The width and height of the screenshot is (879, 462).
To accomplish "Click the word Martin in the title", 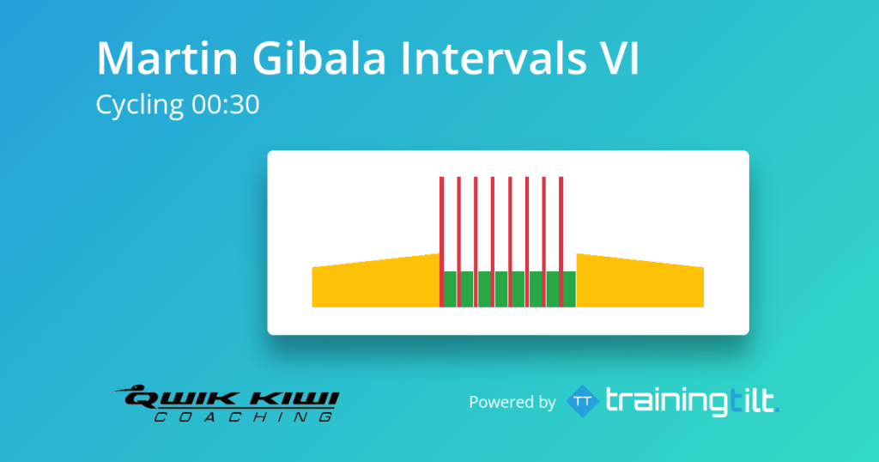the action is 167,58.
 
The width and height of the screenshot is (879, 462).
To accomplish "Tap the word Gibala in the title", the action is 319,58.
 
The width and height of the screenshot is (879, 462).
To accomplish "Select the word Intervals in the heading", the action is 493,58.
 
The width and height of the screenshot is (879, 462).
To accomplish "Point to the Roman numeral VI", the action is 619,58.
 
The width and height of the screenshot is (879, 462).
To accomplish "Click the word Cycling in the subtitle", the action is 140,106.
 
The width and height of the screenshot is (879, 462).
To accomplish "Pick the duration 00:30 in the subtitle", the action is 226,104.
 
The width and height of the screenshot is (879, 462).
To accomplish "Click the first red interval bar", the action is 442,241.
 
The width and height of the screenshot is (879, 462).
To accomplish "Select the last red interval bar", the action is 561,241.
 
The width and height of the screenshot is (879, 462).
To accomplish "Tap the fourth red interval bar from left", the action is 493,241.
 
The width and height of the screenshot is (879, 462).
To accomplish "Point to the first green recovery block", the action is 451,289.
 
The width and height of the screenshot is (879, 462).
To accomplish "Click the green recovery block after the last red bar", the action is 570,289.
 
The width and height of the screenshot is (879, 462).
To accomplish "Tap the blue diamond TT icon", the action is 583,401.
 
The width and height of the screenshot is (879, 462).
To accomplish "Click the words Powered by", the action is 512,402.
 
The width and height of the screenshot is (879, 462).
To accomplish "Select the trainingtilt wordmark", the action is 693,401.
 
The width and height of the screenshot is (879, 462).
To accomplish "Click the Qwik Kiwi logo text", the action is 231,398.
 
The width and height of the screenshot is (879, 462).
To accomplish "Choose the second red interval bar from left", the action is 458,241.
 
